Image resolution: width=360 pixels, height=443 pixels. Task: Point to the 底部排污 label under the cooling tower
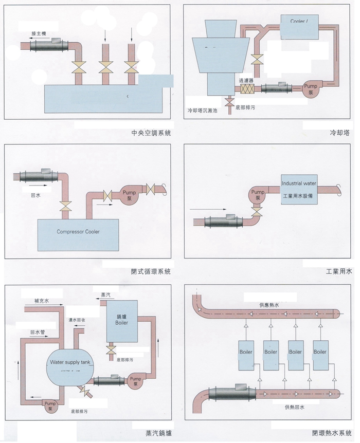click(245, 107)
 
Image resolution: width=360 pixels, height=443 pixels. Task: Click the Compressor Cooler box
click(78, 232)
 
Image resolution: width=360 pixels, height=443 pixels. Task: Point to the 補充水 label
click(42, 301)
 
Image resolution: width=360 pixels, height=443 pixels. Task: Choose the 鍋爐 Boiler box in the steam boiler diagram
click(122, 321)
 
